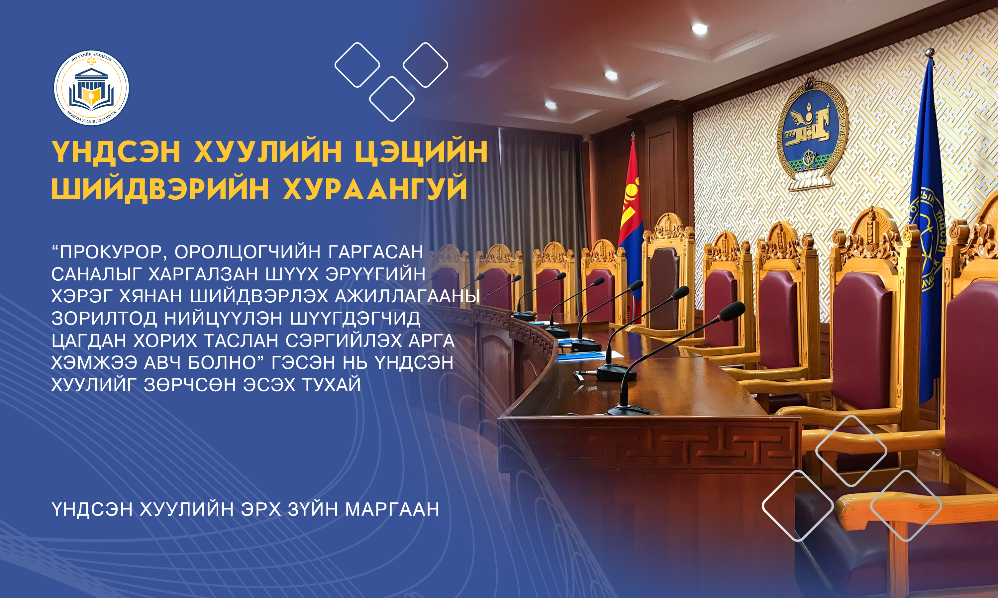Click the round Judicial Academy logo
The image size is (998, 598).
91,88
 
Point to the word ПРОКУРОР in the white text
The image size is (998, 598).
111,252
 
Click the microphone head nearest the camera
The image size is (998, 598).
732,312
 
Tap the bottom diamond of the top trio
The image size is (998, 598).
392,99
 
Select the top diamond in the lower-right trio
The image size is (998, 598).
851,451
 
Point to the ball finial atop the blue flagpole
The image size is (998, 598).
929,52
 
